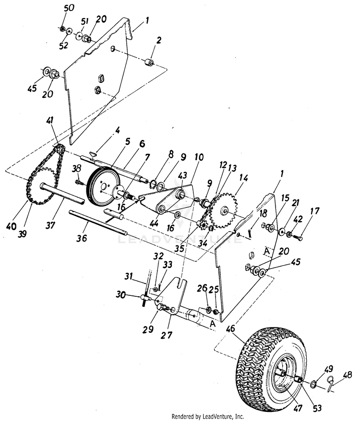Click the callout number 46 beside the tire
[x=231, y=329]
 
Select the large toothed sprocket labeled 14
[x=224, y=210]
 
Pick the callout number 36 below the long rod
[x=82, y=237]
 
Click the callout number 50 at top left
[x=69, y=8]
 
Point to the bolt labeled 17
[x=297, y=237]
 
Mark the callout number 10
[x=199, y=157]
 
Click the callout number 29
[x=148, y=329]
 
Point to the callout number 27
[x=167, y=335]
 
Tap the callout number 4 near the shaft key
[x=117, y=130]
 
